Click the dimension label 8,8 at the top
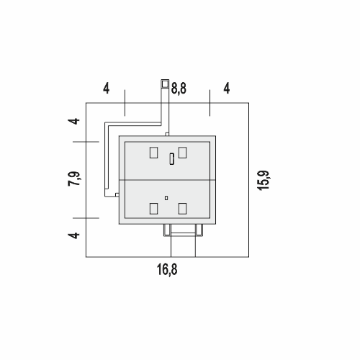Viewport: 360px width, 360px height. pos(179,89)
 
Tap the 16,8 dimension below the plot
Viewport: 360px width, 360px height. pos(167,269)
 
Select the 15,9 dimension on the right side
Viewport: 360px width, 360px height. pos(264,180)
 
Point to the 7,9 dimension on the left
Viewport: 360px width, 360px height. pos(74,179)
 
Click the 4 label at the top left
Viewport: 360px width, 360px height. pos(107,89)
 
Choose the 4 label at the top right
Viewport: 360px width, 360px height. pos(227,89)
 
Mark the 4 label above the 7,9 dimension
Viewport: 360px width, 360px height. pos(73,121)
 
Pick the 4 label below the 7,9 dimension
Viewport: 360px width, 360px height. pos(73,235)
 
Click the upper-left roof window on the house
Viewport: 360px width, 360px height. pos(153,153)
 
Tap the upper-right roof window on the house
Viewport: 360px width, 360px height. pos(182,153)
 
